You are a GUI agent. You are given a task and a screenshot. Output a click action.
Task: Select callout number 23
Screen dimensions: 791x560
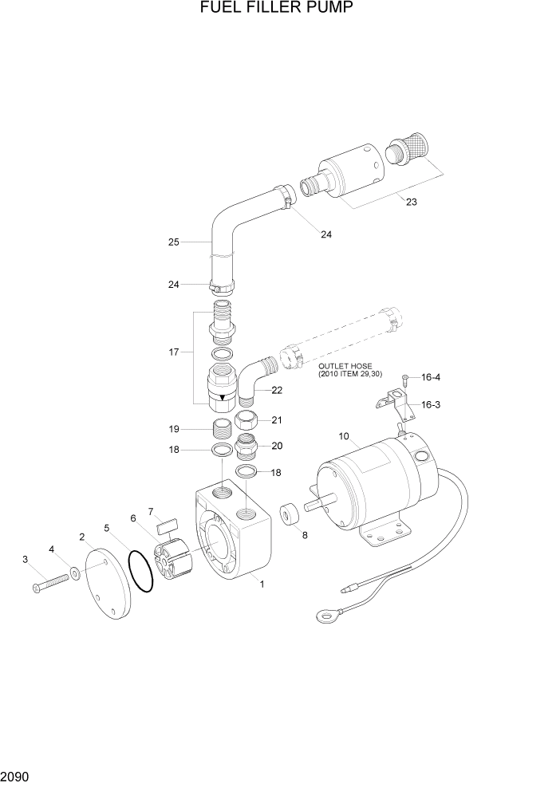[411, 202]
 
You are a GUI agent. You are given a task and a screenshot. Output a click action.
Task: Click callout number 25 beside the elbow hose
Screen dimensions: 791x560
[173, 242]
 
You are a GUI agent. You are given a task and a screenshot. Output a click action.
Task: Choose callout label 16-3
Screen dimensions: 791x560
[431, 404]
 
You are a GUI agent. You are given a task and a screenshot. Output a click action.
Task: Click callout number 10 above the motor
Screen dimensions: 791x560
[344, 436]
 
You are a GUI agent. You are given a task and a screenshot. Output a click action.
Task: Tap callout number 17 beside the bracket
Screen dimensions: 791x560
[175, 351]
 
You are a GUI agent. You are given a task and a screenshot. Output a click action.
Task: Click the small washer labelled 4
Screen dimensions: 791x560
[74, 572]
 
